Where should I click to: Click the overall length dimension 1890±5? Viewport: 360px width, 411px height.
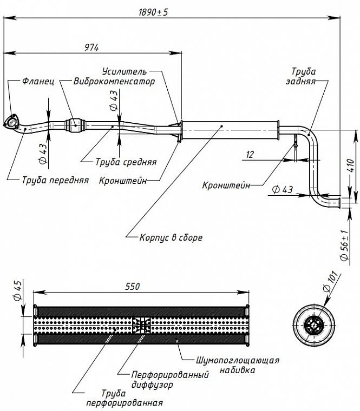point(153,12)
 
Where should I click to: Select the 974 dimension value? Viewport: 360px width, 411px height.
point(91,48)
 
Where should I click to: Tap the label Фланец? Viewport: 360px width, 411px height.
point(38,81)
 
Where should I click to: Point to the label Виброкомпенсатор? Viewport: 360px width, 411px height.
point(114,81)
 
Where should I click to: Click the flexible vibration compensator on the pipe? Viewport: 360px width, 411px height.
point(76,125)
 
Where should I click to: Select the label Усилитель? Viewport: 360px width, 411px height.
point(125,71)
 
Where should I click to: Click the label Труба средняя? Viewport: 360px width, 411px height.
point(126,162)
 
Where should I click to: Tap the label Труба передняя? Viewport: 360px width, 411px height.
point(55,180)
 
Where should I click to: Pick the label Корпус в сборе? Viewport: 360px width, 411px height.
point(171,237)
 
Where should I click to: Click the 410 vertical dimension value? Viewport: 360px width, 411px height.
point(351,165)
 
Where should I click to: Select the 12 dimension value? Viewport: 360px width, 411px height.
point(250,154)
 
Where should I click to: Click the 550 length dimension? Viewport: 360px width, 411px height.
point(132,286)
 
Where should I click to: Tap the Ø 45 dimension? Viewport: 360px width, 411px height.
point(17,290)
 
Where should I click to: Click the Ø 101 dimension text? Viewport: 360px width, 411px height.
point(330,281)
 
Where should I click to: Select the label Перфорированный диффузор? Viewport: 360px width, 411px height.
point(170,379)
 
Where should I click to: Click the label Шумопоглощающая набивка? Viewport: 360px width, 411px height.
point(238,365)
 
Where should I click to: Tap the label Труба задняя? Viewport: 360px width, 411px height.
point(301,76)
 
